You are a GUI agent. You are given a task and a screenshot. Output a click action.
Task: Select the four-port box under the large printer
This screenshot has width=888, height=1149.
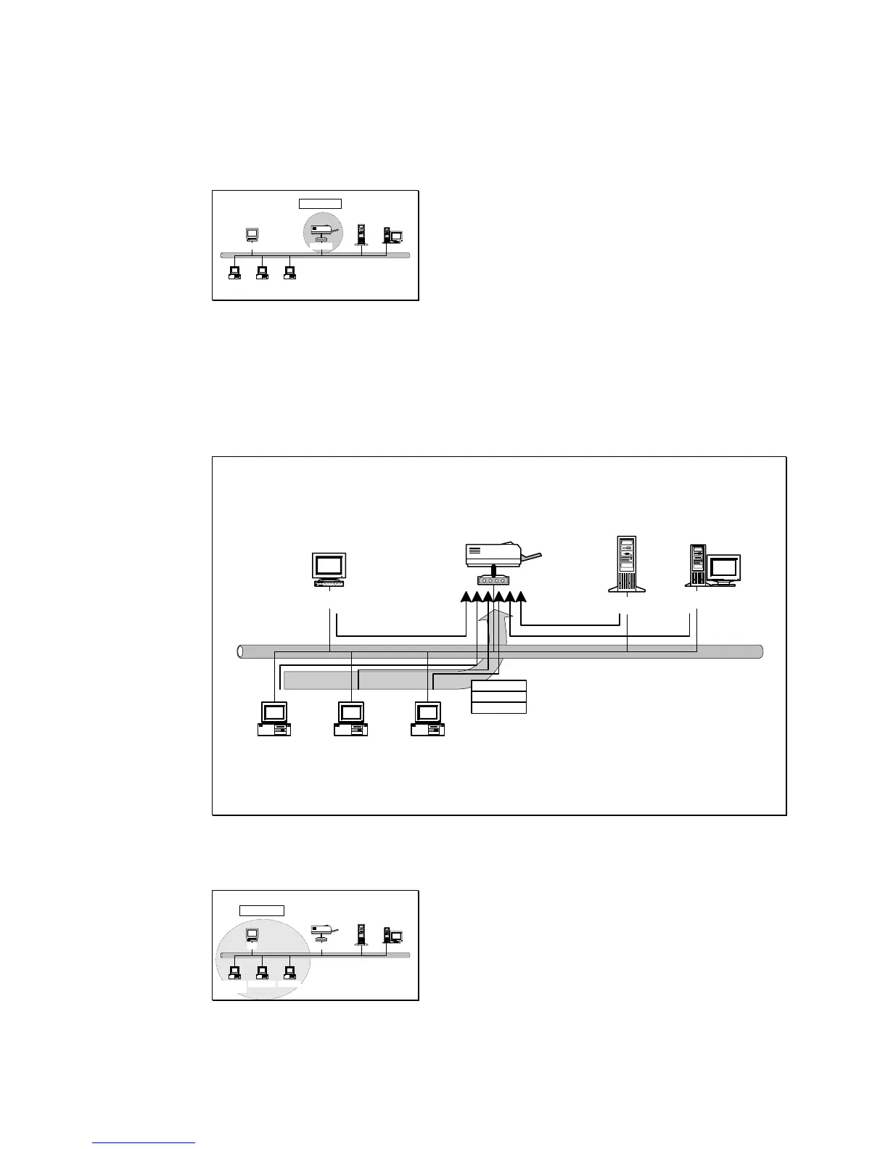493,580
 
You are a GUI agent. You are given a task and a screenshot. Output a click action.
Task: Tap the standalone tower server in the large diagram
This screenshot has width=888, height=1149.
627,564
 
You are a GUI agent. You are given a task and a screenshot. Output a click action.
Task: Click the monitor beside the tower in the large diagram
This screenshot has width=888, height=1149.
723,568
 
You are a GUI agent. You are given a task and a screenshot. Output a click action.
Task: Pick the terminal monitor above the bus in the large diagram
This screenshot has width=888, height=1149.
329,567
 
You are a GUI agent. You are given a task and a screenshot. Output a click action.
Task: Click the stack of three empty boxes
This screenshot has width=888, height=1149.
498,697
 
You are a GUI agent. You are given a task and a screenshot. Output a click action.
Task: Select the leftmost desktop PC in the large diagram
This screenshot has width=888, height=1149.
274,719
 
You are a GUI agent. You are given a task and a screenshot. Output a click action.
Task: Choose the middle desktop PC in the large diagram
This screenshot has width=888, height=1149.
351,719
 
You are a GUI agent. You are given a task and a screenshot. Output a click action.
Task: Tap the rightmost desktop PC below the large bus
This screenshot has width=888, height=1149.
428,719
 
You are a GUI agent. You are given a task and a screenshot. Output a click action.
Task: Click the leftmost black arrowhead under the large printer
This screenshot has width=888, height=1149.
466,597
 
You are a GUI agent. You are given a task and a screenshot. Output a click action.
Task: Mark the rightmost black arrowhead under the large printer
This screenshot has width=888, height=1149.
520,597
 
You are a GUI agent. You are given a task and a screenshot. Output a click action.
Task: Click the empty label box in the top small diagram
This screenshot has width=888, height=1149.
320,203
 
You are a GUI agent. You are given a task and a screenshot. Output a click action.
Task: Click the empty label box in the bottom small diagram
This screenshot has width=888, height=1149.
262,910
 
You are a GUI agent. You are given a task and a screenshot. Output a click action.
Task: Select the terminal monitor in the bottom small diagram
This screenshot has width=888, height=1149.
252,934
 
